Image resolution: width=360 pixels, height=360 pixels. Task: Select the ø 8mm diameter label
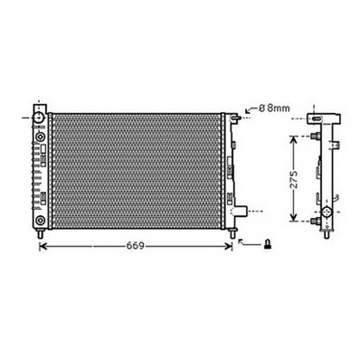coord(273,108)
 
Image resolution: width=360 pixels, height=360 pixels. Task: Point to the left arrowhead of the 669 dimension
coord(45,244)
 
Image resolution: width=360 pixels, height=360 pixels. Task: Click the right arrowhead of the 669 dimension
coord(231,244)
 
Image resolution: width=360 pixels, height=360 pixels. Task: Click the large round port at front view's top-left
coord(39,116)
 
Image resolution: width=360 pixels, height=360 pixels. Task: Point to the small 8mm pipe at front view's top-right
coord(236,117)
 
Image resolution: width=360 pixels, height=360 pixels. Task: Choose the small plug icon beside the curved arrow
coord(267,242)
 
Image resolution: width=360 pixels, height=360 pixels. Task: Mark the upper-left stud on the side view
coord(312,136)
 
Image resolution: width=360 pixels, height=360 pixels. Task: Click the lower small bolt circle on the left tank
coord(39,218)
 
